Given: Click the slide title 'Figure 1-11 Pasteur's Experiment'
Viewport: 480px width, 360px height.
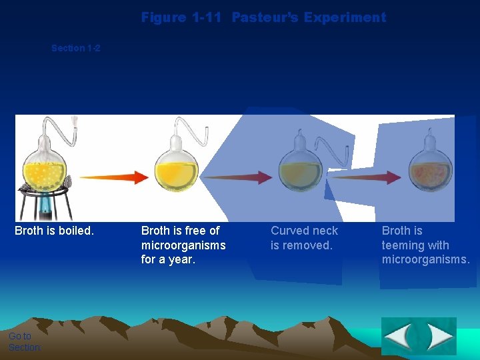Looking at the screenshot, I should coord(263,17).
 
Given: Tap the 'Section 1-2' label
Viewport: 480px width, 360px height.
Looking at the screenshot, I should coord(76,48).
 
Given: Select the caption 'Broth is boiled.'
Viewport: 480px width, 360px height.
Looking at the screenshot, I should coord(54,231).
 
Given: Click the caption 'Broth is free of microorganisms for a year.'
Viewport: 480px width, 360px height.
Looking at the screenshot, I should coord(183,245).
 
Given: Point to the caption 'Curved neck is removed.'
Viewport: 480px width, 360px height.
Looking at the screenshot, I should coord(304,238).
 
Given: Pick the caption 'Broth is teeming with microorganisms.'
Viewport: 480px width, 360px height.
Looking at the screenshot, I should coord(425,245).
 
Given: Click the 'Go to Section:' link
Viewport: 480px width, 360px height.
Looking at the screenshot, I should coord(25,341).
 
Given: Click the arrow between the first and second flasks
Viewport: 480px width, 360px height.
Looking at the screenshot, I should coord(113,177).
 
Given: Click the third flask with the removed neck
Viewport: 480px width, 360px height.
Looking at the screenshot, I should coord(299,170).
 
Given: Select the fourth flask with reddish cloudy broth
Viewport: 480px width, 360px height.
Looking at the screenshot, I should coord(430,170).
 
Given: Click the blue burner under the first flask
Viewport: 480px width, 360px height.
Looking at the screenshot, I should coord(45,206).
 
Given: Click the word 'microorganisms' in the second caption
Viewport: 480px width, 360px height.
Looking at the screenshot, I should coord(183,245).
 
